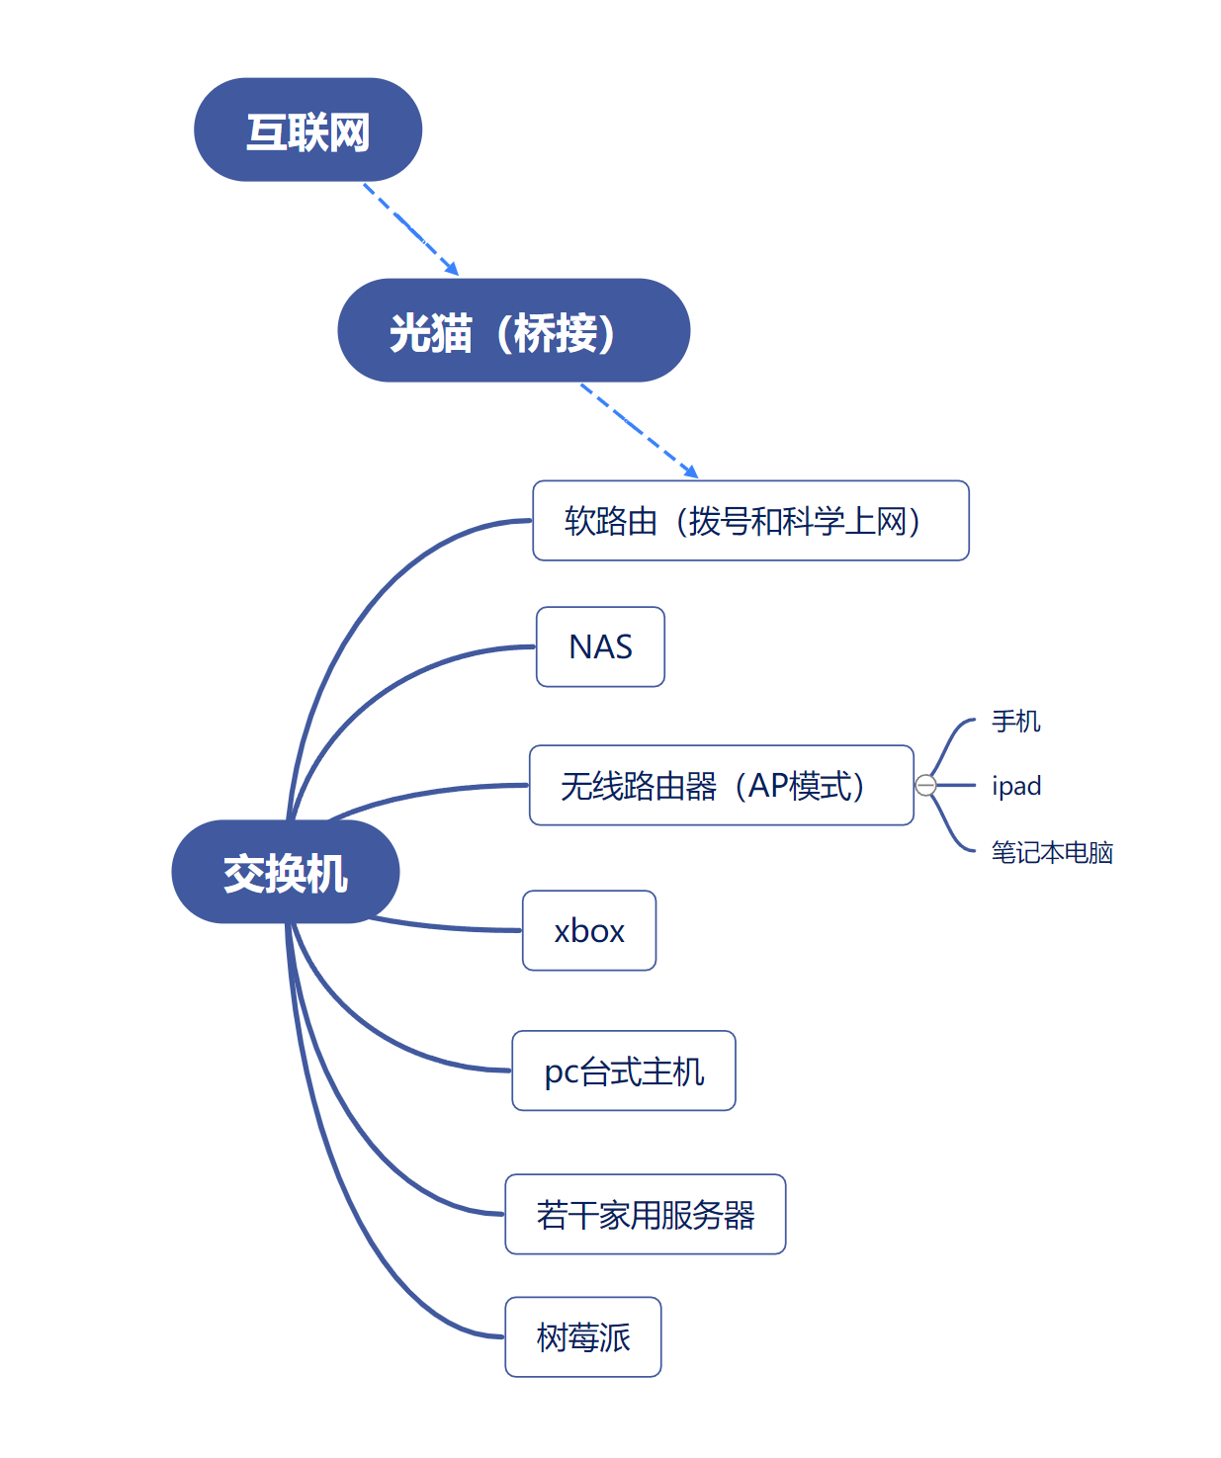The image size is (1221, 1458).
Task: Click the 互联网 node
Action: [307, 130]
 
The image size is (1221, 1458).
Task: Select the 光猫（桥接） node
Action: [513, 331]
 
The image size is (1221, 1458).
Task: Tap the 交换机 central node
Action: [285, 872]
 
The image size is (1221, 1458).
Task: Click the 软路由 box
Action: [749, 521]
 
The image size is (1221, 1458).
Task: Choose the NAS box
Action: [600, 646]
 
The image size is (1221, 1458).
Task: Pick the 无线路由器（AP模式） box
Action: [721, 785]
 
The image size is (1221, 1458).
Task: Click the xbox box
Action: [588, 930]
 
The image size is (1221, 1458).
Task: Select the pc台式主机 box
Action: [623, 1071]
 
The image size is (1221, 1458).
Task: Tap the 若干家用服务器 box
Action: [645, 1214]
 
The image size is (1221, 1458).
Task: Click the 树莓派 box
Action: [582, 1336]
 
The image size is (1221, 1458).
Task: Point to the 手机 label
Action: [1015, 721]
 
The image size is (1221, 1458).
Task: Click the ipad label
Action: [1015, 786]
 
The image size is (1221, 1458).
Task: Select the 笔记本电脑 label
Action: [1051, 851]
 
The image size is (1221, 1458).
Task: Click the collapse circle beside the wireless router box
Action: [925, 785]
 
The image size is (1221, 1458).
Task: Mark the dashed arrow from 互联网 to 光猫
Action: [410, 228]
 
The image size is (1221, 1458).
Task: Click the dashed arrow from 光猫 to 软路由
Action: [639, 430]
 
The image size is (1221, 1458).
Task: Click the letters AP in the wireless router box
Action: [768, 785]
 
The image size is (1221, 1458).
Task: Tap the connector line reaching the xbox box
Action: [445, 926]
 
